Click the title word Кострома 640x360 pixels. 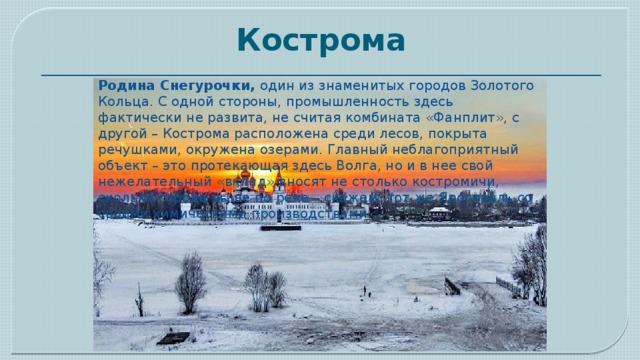click(x=320, y=42)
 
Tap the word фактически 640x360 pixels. click(x=142, y=119)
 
